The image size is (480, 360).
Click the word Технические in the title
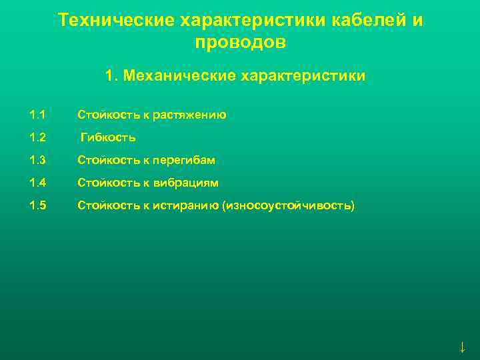pyautogui.click(x=116, y=20)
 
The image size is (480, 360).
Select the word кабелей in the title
pyautogui.click(x=370, y=20)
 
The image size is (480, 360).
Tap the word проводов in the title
pyautogui.click(x=241, y=42)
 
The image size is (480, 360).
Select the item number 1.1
pyautogui.click(x=37, y=115)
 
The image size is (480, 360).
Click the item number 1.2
pyautogui.click(x=37, y=138)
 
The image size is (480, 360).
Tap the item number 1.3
pyautogui.click(x=37, y=161)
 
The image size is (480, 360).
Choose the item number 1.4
pyautogui.click(x=37, y=183)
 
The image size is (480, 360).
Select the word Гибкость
pyautogui.click(x=108, y=138)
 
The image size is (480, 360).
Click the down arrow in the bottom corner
pyautogui.click(x=462, y=347)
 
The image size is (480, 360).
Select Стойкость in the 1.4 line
pyautogui.click(x=107, y=183)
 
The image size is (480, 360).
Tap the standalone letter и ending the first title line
pyautogui.click(x=417, y=20)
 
